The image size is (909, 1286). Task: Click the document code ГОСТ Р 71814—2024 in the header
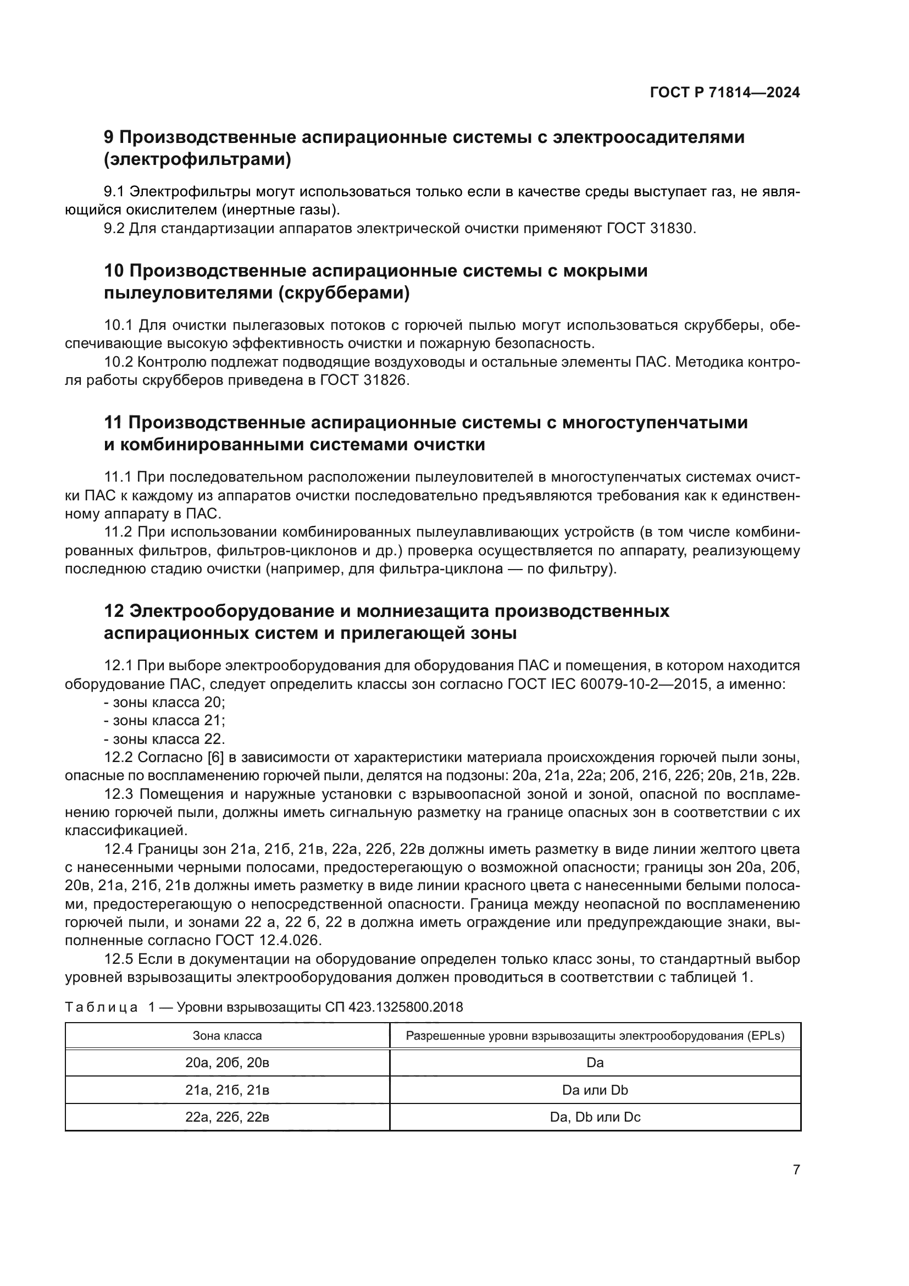(724, 93)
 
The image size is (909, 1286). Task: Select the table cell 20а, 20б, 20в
(228, 1063)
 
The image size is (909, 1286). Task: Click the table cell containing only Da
(595, 1063)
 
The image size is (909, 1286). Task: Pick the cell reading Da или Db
(595, 1090)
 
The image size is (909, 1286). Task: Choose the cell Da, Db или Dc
(595, 1117)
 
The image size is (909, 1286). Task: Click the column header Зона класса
(228, 1036)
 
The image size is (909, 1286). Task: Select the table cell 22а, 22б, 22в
(228, 1117)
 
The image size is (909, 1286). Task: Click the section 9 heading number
(109, 137)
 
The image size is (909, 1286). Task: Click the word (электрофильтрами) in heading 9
(198, 159)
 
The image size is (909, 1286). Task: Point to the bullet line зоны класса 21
(164, 720)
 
